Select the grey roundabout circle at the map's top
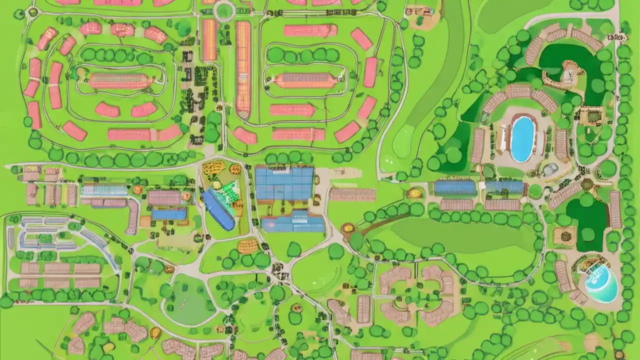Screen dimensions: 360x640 point(223,10)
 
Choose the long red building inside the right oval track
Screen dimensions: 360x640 point(304,80)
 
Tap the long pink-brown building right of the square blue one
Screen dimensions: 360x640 point(352,194)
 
